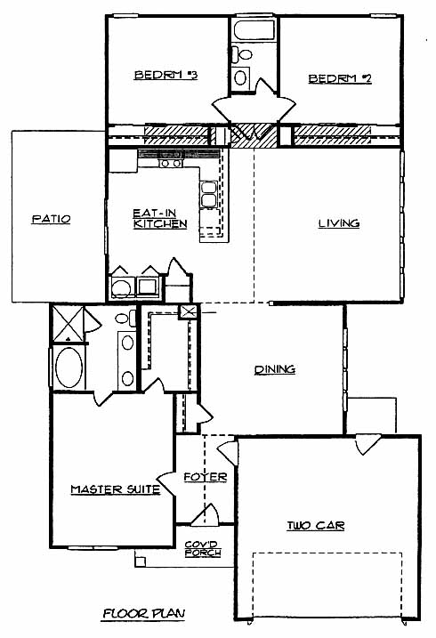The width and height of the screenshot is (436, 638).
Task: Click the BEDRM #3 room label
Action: (x=166, y=76)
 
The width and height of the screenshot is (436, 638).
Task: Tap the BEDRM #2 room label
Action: (x=340, y=78)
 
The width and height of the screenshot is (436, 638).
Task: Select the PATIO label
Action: (x=52, y=219)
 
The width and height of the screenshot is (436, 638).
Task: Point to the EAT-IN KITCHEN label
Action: (x=160, y=219)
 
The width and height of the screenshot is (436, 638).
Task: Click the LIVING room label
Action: (x=339, y=223)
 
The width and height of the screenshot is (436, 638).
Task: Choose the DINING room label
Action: (x=275, y=369)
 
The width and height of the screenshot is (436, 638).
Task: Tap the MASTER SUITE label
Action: (x=116, y=489)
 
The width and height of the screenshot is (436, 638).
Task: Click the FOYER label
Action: (x=206, y=477)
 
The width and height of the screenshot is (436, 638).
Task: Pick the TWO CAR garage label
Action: (x=316, y=526)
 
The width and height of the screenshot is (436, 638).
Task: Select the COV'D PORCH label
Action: (x=203, y=549)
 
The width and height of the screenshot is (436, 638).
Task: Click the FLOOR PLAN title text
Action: (x=143, y=613)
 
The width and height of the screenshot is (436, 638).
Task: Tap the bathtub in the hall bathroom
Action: (x=254, y=29)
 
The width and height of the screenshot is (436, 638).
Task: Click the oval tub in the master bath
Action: (x=69, y=367)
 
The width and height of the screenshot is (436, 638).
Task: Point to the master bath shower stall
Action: (x=68, y=324)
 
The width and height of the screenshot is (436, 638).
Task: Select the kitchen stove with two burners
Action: (x=171, y=163)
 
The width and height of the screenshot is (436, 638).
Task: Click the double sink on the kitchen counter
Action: (x=209, y=195)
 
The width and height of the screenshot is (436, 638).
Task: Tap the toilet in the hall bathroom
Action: (x=242, y=54)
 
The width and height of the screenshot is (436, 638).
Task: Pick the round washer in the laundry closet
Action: (x=121, y=288)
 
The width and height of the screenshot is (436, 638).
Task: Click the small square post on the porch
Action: (x=140, y=561)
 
